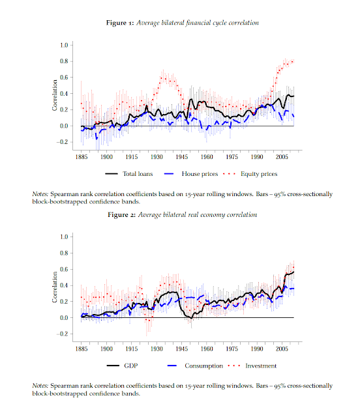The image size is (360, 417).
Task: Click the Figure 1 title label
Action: point(183,23)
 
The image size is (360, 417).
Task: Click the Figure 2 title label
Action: point(183,215)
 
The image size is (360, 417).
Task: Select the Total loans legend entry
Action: point(129,174)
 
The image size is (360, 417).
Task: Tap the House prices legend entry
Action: point(191,174)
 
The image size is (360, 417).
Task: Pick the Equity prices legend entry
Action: point(250,174)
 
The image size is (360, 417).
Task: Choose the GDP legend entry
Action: point(123,366)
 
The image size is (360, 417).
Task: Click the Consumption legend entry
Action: point(195,366)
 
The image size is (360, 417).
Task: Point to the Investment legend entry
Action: point(252,366)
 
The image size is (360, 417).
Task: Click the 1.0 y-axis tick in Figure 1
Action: point(64,45)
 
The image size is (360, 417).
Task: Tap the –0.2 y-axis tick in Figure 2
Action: point(63,334)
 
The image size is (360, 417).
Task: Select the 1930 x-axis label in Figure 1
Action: point(157,157)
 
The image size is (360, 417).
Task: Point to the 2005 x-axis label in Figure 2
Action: point(282,349)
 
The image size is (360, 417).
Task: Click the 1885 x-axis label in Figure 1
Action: point(82,157)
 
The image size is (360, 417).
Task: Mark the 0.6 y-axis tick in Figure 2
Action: point(64,269)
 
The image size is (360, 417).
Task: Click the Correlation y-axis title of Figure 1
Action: point(55,95)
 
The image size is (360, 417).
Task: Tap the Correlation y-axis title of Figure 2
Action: point(55,287)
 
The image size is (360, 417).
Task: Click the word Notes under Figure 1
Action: point(40,194)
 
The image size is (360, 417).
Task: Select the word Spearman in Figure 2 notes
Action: point(61,386)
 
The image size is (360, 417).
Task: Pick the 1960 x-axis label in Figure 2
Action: point(207,349)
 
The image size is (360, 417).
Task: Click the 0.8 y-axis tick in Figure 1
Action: point(64,61)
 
